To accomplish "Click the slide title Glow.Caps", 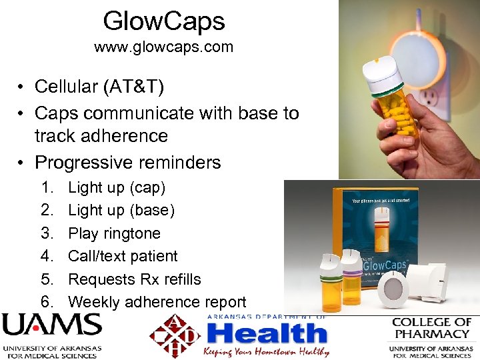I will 163,21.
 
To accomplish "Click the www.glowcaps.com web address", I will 163,47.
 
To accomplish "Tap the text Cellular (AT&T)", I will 100,86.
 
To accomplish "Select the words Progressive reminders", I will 127,162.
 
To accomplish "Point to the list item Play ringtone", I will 114,233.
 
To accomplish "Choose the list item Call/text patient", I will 123,256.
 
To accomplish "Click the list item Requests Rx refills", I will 135,279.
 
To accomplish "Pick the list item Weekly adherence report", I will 157,302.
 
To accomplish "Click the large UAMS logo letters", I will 51,326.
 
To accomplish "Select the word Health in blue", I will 267,333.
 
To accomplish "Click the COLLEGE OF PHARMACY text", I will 431,327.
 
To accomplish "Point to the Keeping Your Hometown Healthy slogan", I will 267,351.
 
